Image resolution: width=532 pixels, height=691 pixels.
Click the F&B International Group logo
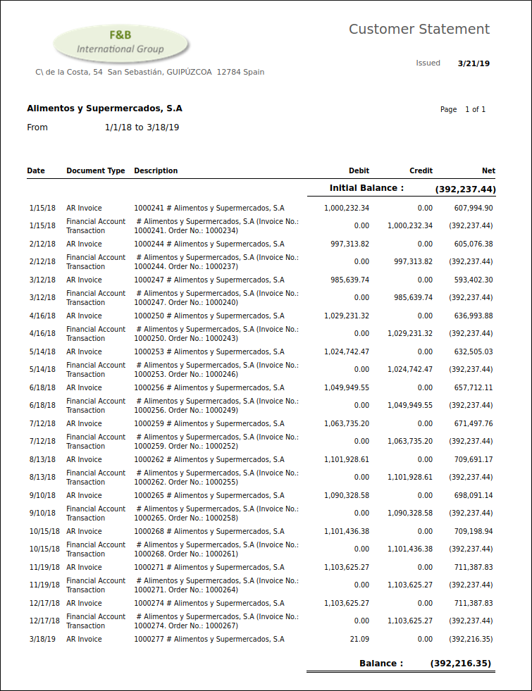120,43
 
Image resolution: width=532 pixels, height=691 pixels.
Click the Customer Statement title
419,30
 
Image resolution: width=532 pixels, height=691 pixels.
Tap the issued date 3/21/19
474,63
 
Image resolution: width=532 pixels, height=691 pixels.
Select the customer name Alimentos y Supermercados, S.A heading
104,108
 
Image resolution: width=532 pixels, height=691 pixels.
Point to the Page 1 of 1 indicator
463,110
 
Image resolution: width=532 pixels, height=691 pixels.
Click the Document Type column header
96,170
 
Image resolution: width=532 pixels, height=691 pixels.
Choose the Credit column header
421,170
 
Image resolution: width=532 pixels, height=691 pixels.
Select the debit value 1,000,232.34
347,208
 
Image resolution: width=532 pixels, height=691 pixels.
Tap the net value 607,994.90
474,208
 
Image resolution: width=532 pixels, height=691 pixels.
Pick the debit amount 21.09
359,640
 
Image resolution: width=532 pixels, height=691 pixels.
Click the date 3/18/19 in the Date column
42,640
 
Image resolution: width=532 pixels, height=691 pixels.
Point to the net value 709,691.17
474,460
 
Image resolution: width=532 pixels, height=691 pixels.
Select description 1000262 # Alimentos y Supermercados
209,460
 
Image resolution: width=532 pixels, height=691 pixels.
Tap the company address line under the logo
150,72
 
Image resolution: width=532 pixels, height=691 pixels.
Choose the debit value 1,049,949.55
347,388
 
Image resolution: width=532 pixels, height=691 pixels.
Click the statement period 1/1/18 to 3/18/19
142,127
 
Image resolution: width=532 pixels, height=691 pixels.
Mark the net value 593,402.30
474,280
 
